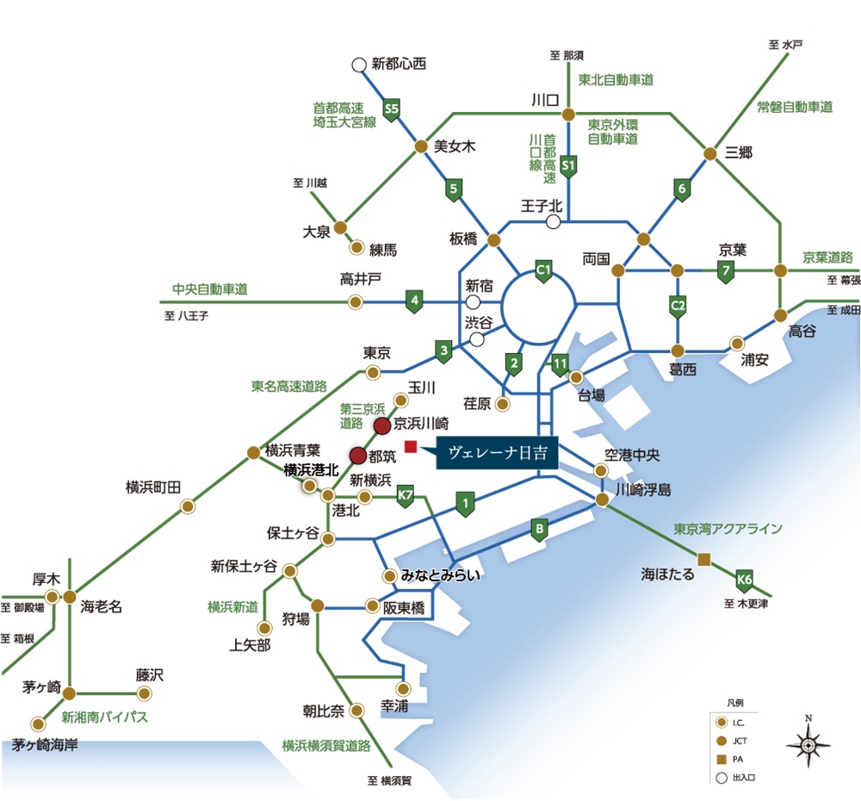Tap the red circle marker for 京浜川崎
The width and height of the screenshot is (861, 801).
[x=382, y=425]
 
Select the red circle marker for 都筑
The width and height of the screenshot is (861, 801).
[x=358, y=456]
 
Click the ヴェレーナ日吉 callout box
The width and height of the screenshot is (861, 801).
[x=497, y=453]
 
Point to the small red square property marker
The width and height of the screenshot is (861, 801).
[x=410, y=447]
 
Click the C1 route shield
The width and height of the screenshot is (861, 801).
[x=543, y=270]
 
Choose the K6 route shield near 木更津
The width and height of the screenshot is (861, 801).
[x=744, y=581]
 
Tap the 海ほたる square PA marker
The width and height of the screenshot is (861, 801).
[x=704, y=560]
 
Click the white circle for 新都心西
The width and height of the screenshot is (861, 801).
[x=358, y=65]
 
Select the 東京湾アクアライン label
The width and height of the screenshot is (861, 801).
[x=728, y=529]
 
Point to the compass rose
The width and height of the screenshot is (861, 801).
[x=808, y=744]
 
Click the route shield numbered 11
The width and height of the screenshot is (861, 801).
[x=560, y=364]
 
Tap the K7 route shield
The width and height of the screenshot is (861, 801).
[x=405, y=496]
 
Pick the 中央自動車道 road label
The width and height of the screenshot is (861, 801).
[x=210, y=289]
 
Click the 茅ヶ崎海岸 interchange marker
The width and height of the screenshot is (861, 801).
[x=38, y=724]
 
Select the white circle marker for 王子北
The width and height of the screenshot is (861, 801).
[x=554, y=222]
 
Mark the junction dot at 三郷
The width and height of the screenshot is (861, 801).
[x=710, y=154]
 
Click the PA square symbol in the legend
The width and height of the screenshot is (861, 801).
[x=722, y=760]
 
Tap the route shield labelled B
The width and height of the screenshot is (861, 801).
[x=539, y=530]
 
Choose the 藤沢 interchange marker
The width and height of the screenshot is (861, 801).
[x=145, y=694]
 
